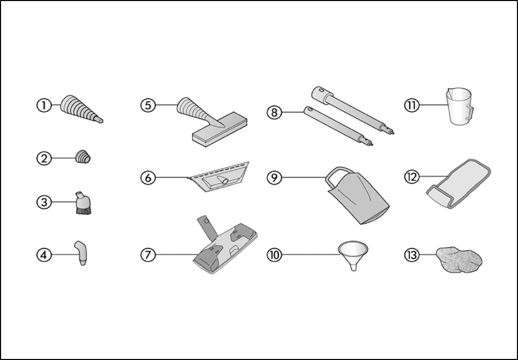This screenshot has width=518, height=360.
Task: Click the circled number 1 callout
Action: click(44, 105)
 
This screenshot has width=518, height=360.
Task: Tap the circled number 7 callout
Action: click(148, 255)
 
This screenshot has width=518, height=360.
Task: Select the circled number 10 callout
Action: click(274, 255)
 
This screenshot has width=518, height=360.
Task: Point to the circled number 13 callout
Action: click(412, 255)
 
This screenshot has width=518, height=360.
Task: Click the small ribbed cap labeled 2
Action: click(83, 157)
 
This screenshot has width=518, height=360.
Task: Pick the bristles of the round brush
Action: click(83, 210)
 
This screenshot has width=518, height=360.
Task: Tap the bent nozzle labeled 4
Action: click(82, 253)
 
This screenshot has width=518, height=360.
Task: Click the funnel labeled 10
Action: click(353, 252)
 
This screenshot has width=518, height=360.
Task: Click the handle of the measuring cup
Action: click(470, 112)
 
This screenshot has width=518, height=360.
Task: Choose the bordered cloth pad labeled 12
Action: click(459, 183)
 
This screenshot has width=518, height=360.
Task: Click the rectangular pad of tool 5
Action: click(220, 129)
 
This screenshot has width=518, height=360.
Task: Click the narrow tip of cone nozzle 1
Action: click(100, 121)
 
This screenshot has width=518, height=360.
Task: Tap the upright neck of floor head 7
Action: click(207, 227)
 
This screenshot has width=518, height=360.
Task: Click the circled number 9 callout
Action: click(274, 178)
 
